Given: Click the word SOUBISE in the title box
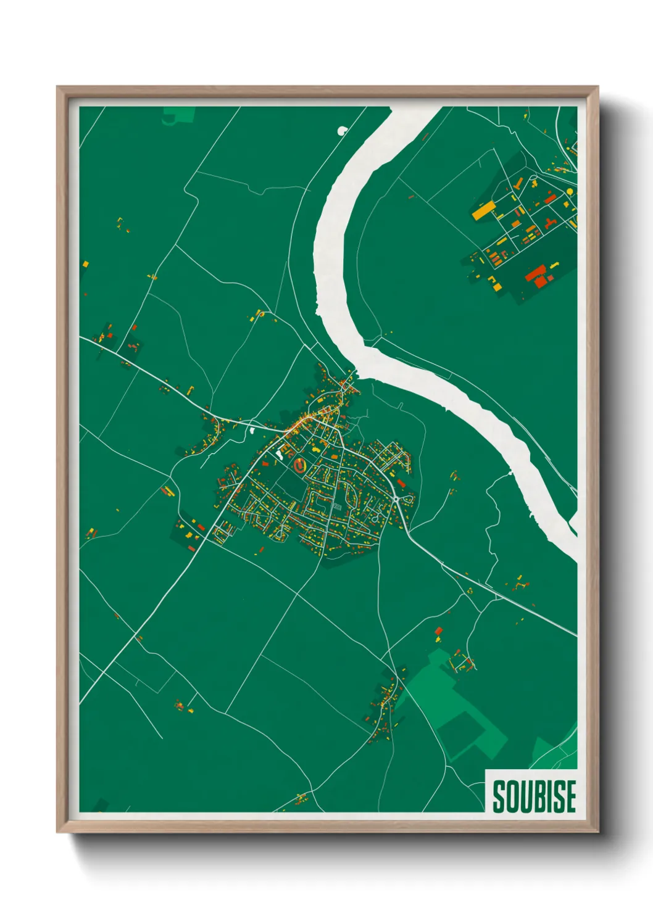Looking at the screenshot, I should [534, 796].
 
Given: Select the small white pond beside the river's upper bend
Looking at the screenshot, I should [342, 130].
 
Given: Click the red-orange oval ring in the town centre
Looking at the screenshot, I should [300, 465].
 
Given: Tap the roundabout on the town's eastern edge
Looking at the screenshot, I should [395, 498].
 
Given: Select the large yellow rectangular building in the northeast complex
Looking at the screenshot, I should [483, 210].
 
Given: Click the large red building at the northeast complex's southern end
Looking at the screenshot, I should [537, 273].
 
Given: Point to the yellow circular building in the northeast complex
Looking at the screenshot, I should [569, 192].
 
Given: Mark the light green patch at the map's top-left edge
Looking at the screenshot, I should [179, 115].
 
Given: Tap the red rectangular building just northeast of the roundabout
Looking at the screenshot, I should [401, 483].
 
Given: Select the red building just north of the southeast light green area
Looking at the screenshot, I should [439, 631].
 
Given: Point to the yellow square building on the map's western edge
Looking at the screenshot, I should [85, 264].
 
